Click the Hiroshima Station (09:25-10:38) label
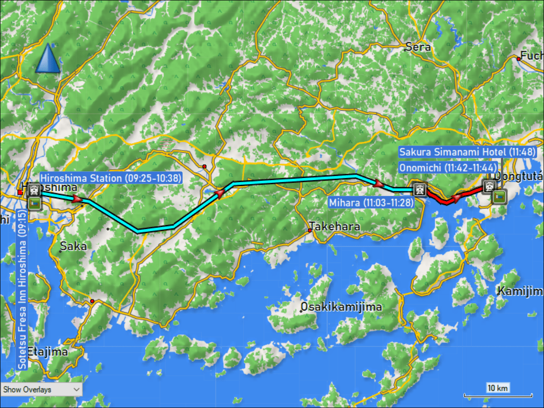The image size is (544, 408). click(x=111, y=178)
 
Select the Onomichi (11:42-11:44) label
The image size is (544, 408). click(x=448, y=167)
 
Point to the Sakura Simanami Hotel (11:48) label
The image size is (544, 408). click(x=467, y=152)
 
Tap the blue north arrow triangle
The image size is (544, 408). click(x=48, y=58)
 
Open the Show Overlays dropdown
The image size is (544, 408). click(x=41, y=389)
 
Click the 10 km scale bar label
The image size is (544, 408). click(x=497, y=388)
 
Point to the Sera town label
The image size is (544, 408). click(x=418, y=47)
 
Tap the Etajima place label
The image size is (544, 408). click(x=47, y=351)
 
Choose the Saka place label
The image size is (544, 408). click(x=73, y=246)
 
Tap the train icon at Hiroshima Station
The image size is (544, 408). click(x=34, y=190)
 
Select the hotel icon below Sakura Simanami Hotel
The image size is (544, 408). click(x=500, y=197)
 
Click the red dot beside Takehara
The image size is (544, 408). click(x=310, y=230)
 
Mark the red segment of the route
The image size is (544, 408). click(x=447, y=200)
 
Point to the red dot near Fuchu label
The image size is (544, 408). click(x=518, y=58)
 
